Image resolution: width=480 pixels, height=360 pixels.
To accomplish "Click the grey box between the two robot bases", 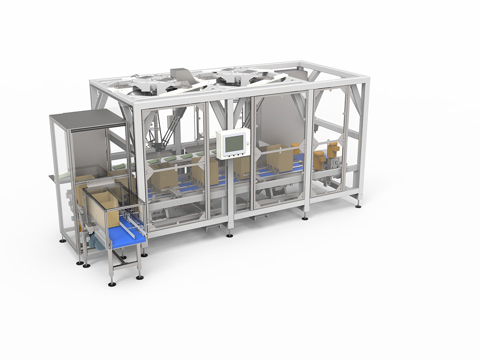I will pos(182,75).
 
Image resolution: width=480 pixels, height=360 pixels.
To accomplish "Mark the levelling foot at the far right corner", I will pos(358,204).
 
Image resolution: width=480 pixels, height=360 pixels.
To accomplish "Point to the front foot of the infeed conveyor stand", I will pos(112,284).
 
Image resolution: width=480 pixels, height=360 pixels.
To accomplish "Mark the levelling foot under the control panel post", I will pos(229,234).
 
